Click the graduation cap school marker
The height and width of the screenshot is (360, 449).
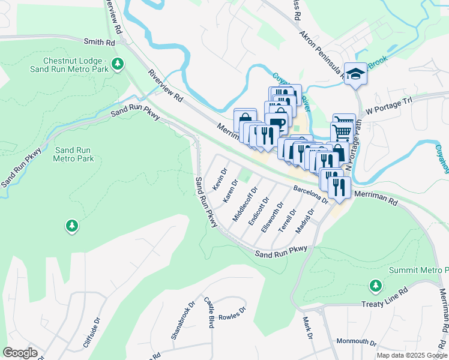pyautogui.click(x=356, y=73)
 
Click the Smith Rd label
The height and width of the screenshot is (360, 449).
pyautogui.click(x=99, y=43)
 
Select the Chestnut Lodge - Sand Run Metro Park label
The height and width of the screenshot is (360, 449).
pyautogui.click(x=75, y=66)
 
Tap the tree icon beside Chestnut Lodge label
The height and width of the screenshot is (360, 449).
pyautogui.click(x=119, y=62)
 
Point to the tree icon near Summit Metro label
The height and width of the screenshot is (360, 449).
pyautogui.click(x=376, y=285)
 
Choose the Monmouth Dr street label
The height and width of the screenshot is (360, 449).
pyautogui.click(x=356, y=343)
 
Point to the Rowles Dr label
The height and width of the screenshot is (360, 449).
pyautogui.click(x=232, y=314)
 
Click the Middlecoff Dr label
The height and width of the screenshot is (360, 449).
pyautogui.click(x=245, y=205)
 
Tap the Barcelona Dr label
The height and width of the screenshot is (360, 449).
pyautogui.click(x=310, y=194)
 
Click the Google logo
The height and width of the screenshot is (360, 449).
pyautogui.click(x=20, y=353)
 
